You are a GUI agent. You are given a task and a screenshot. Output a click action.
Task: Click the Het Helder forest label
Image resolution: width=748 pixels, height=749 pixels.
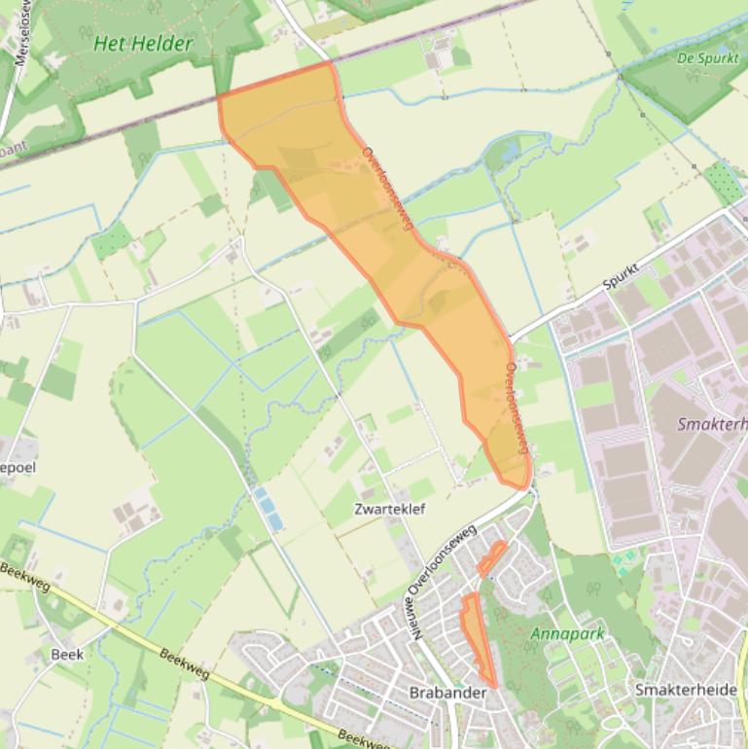point(144,44)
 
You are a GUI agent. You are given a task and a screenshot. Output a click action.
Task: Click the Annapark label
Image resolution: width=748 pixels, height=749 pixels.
point(567,633)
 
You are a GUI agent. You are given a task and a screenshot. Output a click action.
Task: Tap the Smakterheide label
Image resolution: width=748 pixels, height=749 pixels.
point(685,689)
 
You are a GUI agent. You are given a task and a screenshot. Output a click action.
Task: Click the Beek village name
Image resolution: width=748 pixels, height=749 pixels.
point(67,654)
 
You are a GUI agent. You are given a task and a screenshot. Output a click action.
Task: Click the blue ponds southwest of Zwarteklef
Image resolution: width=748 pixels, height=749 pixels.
point(268,509)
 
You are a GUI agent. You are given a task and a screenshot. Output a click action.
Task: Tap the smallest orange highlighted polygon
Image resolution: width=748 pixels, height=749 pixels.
point(492,557)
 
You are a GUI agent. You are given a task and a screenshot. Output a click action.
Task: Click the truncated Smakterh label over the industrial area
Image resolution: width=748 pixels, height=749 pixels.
point(711,424)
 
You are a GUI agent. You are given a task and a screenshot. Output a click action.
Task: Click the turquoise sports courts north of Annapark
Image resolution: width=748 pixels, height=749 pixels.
point(627,558)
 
